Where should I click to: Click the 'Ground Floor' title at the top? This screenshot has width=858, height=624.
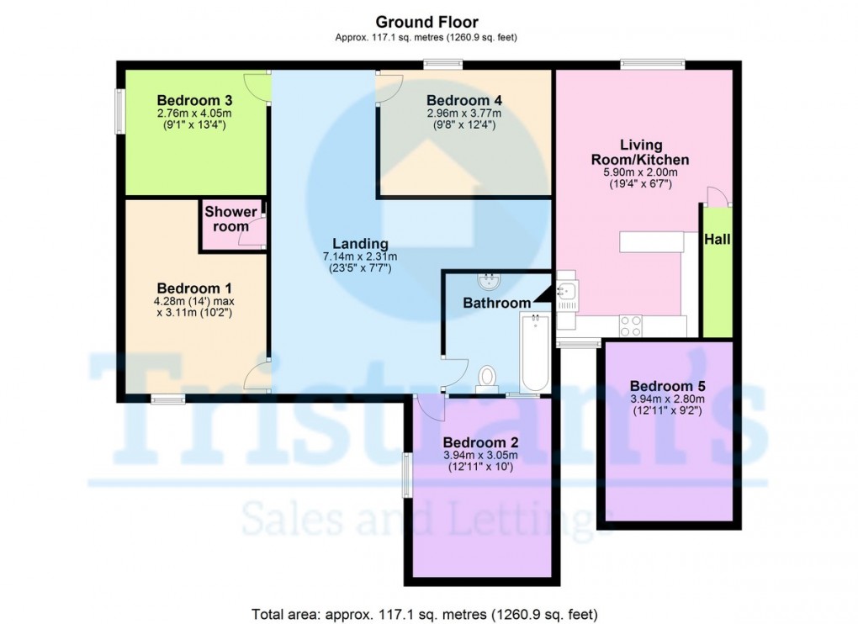[x=427, y=22]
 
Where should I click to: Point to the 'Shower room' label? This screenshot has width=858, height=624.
[x=230, y=219]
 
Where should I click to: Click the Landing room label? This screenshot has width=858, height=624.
[x=358, y=244]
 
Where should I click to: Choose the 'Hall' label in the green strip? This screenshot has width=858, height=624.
[x=718, y=241]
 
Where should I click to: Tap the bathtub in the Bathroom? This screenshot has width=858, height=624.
[x=533, y=352]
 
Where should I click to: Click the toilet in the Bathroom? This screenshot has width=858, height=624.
[x=485, y=379]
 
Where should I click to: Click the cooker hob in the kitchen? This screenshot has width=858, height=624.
[x=630, y=325]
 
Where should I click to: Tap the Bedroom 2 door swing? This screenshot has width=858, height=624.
[x=430, y=406]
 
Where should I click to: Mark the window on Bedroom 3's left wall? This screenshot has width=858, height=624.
[x=119, y=112]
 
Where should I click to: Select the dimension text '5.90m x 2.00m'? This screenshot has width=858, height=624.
[x=642, y=172]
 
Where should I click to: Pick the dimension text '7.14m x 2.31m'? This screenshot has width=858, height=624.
[x=358, y=257]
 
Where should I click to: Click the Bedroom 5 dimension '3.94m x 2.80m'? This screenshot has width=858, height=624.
[x=668, y=401]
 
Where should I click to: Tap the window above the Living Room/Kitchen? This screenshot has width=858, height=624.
[x=652, y=62]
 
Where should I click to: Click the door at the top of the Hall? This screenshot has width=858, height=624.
[x=717, y=196]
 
